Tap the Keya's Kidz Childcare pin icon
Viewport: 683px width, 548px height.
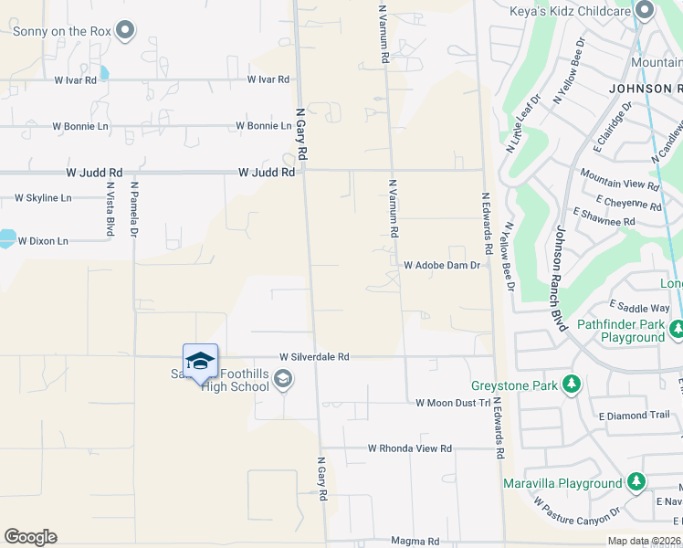(x=646, y=12)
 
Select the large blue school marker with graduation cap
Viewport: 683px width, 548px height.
(x=200, y=362)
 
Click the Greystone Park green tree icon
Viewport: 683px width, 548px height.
(x=572, y=384)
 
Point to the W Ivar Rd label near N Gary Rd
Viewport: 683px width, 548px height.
(x=268, y=80)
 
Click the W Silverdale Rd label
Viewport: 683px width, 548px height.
(x=314, y=357)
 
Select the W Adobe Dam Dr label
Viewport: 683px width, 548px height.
(x=442, y=266)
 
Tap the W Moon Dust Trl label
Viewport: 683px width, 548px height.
(x=453, y=403)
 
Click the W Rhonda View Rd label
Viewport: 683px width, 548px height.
(x=410, y=448)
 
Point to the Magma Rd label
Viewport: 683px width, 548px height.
(x=408, y=541)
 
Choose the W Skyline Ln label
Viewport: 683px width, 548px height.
(x=42, y=198)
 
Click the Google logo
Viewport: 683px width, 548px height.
(x=30, y=537)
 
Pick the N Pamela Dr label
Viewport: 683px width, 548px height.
(x=134, y=209)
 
